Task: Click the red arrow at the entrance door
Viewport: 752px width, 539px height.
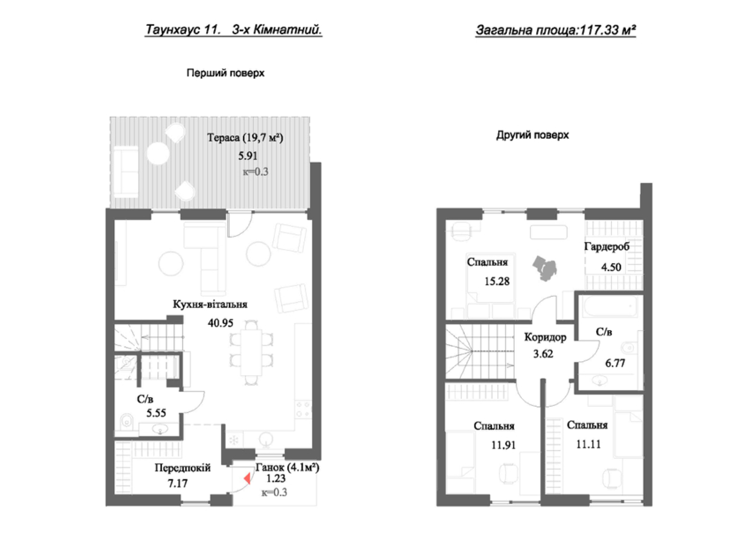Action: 247,478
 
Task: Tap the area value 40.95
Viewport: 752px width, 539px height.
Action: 220,323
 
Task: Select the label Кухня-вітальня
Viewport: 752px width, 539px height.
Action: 210,304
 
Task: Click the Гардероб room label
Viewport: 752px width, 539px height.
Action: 607,247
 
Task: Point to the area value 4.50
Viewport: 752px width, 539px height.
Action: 611,267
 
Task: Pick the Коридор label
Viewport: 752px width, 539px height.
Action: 545,337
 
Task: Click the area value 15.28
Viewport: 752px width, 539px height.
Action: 497,281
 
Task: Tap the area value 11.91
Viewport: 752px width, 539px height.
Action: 503,445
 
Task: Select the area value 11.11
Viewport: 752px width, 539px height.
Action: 588,444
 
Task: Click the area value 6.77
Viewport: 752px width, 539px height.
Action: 615,363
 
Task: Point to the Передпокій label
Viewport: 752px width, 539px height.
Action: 183,468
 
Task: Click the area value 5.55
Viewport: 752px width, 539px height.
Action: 156,413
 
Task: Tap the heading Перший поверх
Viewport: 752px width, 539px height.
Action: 226,73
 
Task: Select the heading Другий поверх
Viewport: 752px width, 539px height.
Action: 533,135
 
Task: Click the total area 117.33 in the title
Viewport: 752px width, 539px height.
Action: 599,30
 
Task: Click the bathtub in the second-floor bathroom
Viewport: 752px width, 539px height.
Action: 610,306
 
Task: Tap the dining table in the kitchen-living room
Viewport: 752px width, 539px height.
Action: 251,352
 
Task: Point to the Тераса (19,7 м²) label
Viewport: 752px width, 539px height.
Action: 245,138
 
